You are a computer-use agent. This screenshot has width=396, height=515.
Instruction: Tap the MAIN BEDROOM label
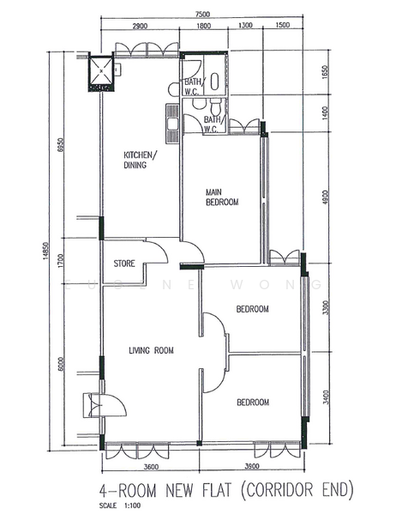tap(221, 197)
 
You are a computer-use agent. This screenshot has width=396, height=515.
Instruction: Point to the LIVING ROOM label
tap(151, 350)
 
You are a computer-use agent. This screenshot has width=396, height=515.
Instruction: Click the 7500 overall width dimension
tap(202, 15)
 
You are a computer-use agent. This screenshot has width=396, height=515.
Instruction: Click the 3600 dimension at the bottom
tap(151, 467)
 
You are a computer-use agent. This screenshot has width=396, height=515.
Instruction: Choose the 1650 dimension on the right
tap(325, 73)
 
